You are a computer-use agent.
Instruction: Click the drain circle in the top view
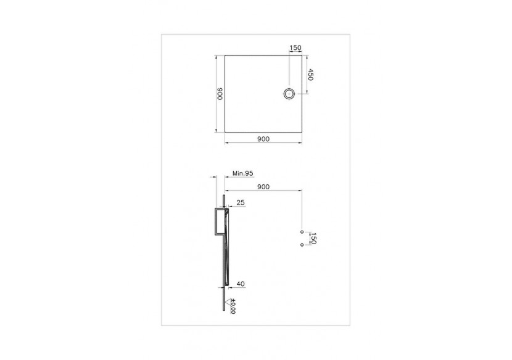coord(289,94)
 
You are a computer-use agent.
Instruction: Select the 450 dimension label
coord(312,75)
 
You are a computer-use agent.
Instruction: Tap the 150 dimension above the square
coord(295,48)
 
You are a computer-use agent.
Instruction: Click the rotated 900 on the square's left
coord(219,94)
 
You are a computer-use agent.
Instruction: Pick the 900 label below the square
coord(263,139)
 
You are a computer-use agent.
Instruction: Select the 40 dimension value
coord(241,284)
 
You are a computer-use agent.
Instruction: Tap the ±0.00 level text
coord(233,306)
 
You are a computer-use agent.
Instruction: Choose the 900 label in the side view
coord(263,186)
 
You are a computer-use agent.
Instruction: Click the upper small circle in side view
coord(301,232)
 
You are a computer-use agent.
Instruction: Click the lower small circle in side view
coord(301,245)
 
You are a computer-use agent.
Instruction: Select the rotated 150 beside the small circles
coord(313,239)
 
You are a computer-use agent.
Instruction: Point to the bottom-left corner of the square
coord(225,132)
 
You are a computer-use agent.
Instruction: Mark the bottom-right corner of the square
coord(302,132)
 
